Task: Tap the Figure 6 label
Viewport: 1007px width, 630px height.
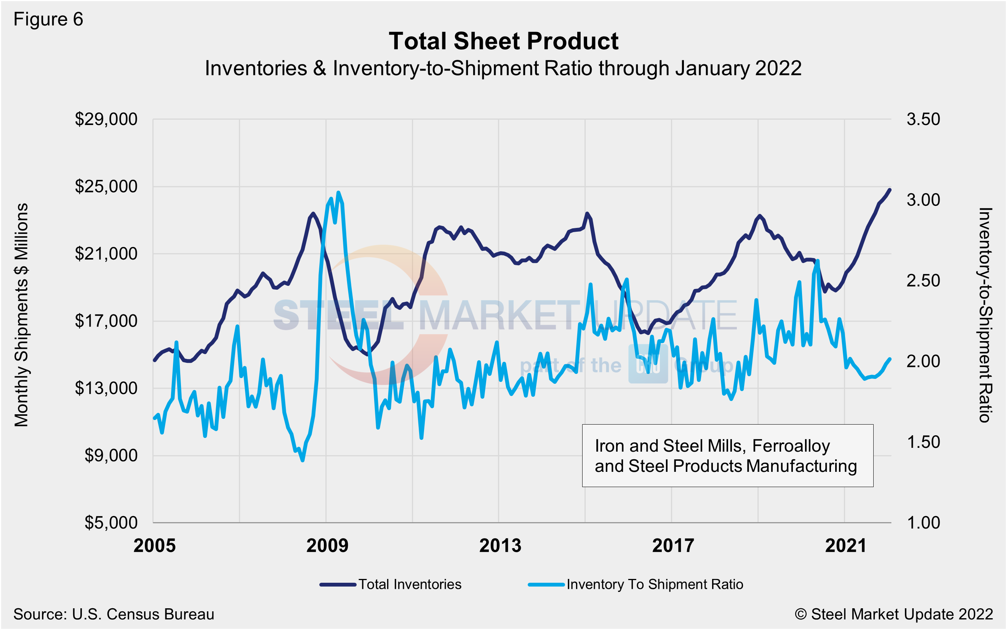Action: point(48,19)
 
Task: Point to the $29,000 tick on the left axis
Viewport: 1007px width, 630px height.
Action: point(106,119)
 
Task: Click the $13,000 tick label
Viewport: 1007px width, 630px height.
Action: point(106,388)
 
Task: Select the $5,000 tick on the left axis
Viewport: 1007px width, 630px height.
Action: point(111,523)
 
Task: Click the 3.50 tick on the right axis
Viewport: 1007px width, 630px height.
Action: point(923,119)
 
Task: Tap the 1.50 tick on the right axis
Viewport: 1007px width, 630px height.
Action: point(923,442)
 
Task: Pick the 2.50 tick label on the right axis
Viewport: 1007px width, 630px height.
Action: point(923,281)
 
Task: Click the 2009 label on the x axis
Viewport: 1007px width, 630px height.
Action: point(327,546)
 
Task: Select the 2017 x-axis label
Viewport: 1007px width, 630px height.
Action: point(673,546)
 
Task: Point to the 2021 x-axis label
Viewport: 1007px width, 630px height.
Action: point(846,546)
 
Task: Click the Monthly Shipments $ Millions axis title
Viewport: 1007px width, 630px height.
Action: point(21,315)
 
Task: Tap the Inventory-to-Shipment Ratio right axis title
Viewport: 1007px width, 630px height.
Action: point(985,315)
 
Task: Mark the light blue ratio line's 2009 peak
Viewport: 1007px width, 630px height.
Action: point(338,192)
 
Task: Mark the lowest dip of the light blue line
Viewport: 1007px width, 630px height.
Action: point(303,460)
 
